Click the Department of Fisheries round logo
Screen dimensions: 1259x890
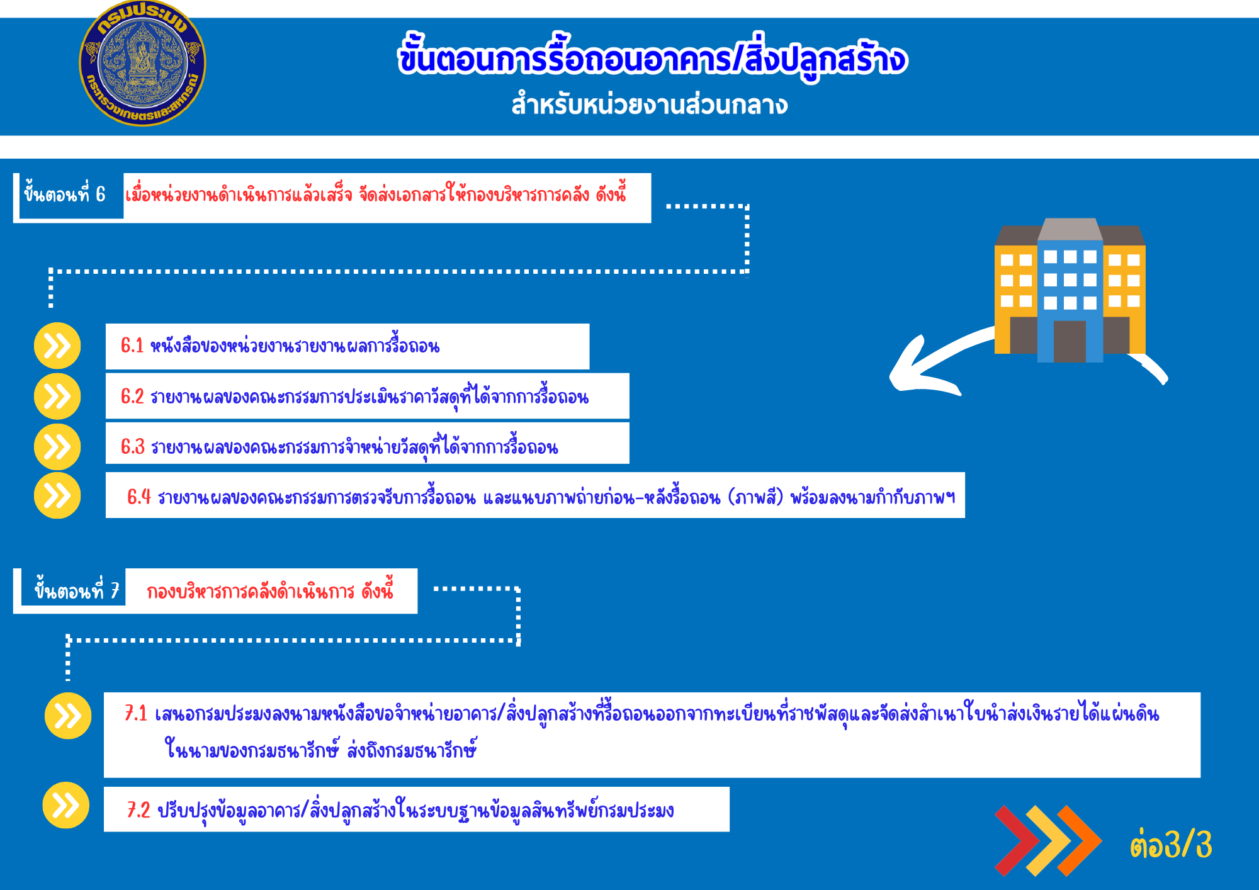pos(142,63)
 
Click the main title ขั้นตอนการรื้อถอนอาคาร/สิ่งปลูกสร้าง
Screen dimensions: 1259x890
pos(652,59)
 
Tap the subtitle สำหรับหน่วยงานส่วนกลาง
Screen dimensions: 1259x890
pos(650,104)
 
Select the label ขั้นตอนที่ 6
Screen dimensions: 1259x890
pos(65,194)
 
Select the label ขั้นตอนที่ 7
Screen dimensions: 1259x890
pos(77,590)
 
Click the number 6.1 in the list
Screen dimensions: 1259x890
pos(132,346)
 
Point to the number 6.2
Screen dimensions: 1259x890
pos(132,397)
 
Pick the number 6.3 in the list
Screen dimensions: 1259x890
pos(133,447)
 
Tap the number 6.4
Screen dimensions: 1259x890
pos(138,497)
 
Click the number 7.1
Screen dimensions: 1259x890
pos(136,713)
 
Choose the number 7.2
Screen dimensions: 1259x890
pos(138,809)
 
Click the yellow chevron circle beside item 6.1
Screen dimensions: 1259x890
pos(57,346)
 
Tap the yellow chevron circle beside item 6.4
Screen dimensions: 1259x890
pos(57,496)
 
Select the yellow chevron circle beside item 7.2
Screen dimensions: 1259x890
pos(66,805)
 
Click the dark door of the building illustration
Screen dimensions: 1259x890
pos(1070,341)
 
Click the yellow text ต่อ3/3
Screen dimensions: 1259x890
pos(1171,844)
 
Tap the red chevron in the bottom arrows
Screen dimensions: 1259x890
pos(1015,840)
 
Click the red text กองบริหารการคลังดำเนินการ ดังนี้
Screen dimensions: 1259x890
pos(270,590)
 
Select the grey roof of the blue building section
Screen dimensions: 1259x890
pos(1070,229)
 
